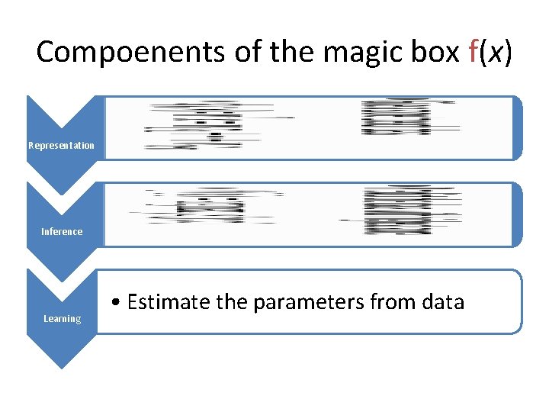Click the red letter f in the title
pyautogui.click(x=473, y=52)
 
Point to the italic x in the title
pyautogui.click(x=493, y=52)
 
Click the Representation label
pyautogui.click(x=62, y=146)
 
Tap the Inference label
pyautogui.click(x=62, y=232)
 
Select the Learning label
pyautogui.click(x=62, y=319)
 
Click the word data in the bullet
pyautogui.click(x=440, y=302)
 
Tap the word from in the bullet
pyautogui.click(x=390, y=302)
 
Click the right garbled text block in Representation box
pyautogui.click(x=396, y=118)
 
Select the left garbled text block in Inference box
pyautogui.click(x=206, y=206)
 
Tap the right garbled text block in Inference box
pyautogui.click(x=398, y=210)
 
